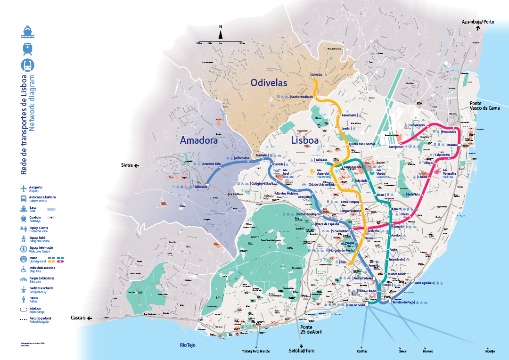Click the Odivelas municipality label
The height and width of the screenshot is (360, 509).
click(x=269, y=83)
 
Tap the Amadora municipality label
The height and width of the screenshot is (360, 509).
click(x=198, y=140)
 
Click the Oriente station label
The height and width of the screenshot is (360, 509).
click(x=452, y=145)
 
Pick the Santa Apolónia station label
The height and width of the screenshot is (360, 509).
click(x=424, y=283)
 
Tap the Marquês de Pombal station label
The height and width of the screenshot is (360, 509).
click(x=342, y=250)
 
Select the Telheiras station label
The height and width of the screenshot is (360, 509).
click(x=321, y=160)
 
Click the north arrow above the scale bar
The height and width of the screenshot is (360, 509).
click(x=220, y=33)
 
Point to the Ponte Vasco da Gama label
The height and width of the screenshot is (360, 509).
click(x=484, y=106)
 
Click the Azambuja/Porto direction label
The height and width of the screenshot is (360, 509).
click(x=477, y=22)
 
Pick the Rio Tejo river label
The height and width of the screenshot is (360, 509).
click(x=188, y=345)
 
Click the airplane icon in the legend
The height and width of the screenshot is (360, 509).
click(x=23, y=188)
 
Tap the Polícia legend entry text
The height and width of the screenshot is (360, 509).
click(x=35, y=299)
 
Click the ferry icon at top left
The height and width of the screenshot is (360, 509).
click(x=27, y=32)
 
